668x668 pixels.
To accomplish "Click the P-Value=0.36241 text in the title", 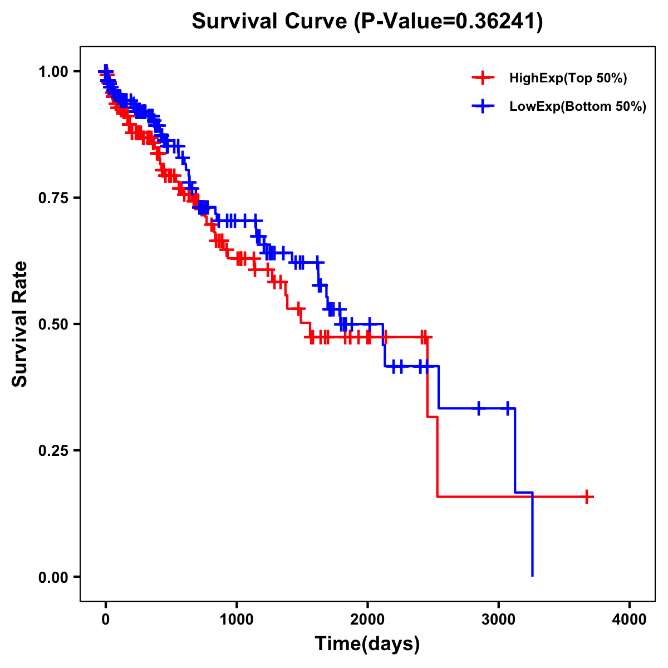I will (449, 22).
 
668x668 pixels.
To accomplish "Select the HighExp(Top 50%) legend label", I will (568, 78).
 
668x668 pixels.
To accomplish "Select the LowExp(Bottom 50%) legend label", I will (578, 107).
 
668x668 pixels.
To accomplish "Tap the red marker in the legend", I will (483, 78).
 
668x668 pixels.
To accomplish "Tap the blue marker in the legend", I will (483, 106).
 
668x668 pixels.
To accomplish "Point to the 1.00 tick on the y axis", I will (54, 72).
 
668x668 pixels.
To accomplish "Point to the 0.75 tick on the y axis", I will (54, 198).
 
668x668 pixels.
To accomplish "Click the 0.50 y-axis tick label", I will (54, 325).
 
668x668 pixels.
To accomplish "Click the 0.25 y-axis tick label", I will (54, 451).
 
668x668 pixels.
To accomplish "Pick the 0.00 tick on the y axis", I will (54, 577).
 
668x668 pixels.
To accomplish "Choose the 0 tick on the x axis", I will (106, 620).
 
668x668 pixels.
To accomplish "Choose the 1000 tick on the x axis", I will (237, 620).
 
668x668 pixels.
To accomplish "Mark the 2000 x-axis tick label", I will (368, 620).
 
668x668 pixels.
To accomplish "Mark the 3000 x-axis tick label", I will (499, 620).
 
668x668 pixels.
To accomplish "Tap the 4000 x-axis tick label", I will (630, 620).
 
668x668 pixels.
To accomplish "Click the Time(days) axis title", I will (367, 644).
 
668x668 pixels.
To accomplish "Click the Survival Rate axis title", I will (20, 324).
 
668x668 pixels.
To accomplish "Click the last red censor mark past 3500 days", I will (587, 497).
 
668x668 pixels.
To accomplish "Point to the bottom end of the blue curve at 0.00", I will (533, 576).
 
